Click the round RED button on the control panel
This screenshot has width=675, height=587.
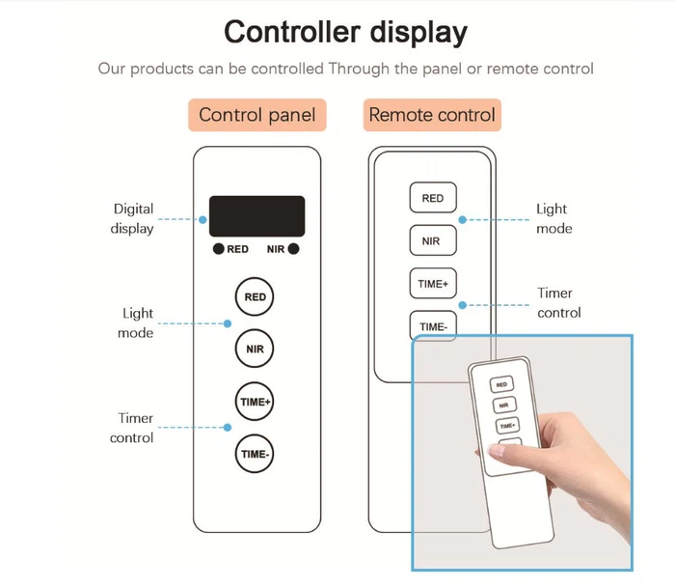coord(255,296)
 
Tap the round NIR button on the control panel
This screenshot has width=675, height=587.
coord(255,348)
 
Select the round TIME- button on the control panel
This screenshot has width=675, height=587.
coord(255,453)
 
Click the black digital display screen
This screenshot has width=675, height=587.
coord(256,216)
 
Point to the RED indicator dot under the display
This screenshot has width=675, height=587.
coord(220,249)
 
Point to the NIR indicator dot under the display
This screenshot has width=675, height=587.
coord(293,249)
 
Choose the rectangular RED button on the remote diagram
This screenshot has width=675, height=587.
coord(433,198)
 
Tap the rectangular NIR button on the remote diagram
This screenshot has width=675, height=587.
coord(433,239)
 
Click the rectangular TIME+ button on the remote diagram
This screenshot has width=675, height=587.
coord(433,284)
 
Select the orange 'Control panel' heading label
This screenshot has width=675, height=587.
coord(256,115)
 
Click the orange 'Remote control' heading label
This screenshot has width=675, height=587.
coord(432,115)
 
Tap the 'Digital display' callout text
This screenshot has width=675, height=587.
coord(133,218)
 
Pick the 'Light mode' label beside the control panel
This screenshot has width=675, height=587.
coord(137,323)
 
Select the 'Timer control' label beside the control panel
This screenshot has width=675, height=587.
coord(136,428)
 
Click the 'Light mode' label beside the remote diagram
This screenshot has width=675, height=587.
coord(553,218)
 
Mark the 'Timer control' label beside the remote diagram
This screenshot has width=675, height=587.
coord(558,302)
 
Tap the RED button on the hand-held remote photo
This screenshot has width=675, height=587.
coord(501,384)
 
